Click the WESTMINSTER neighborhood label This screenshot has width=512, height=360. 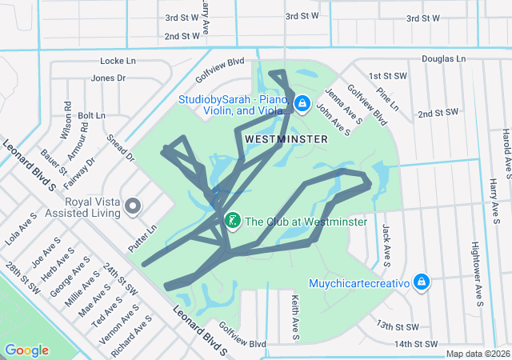[286, 139]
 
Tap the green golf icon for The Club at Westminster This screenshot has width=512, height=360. [232, 220]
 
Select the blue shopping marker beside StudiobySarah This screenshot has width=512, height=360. [302, 103]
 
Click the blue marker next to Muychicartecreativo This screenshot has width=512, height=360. [422, 282]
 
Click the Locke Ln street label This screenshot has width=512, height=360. [120, 61]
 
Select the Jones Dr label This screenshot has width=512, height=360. [108, 78]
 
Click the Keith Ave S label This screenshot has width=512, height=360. [294, 315]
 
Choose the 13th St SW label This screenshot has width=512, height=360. [398, 326]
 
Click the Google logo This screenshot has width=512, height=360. [26, 350]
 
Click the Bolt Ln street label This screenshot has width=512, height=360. [91, 115]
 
